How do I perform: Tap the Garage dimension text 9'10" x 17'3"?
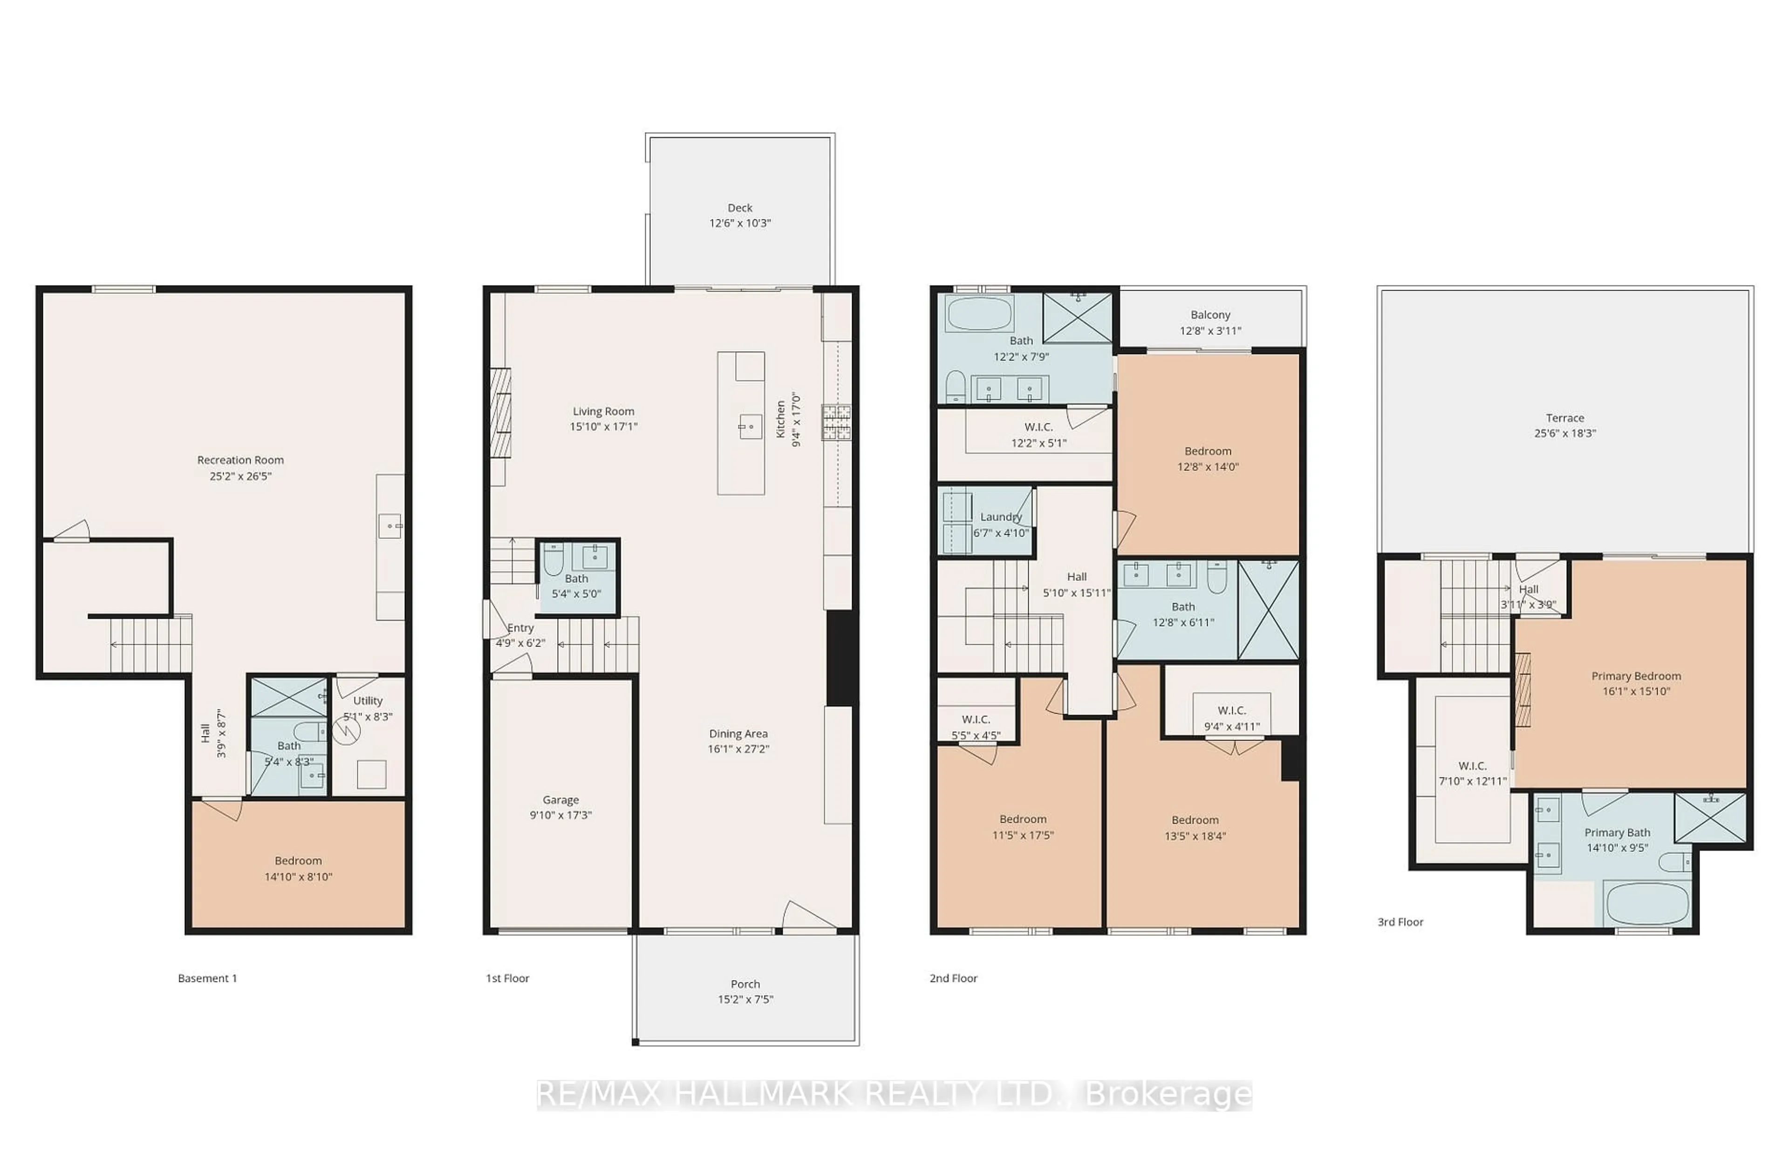pyautogui.click(x=561, y=815)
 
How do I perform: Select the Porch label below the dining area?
pyautogui.click(x=745, y=984)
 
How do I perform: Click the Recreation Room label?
pyautogui.click(x=240, y=460)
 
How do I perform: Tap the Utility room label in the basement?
pyautogui.click(x=368, y=701)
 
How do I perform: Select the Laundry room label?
pyautogui.click(x=1000, y=517)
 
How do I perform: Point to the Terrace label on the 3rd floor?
pyautogui.click(x=1565, y=418)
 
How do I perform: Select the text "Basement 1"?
pyautogui.click(x=207, y=978)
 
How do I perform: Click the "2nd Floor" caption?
pyautogui.click(x=953, y=978)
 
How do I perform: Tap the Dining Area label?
pyautogui.click(x=737, y=734)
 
